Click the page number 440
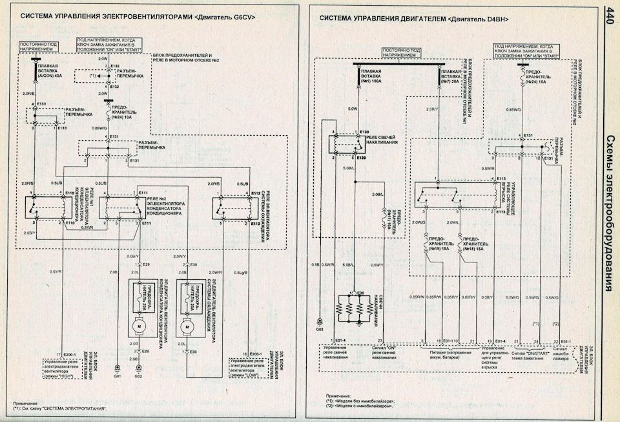coord(610,15)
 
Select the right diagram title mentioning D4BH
coord(413,19)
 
